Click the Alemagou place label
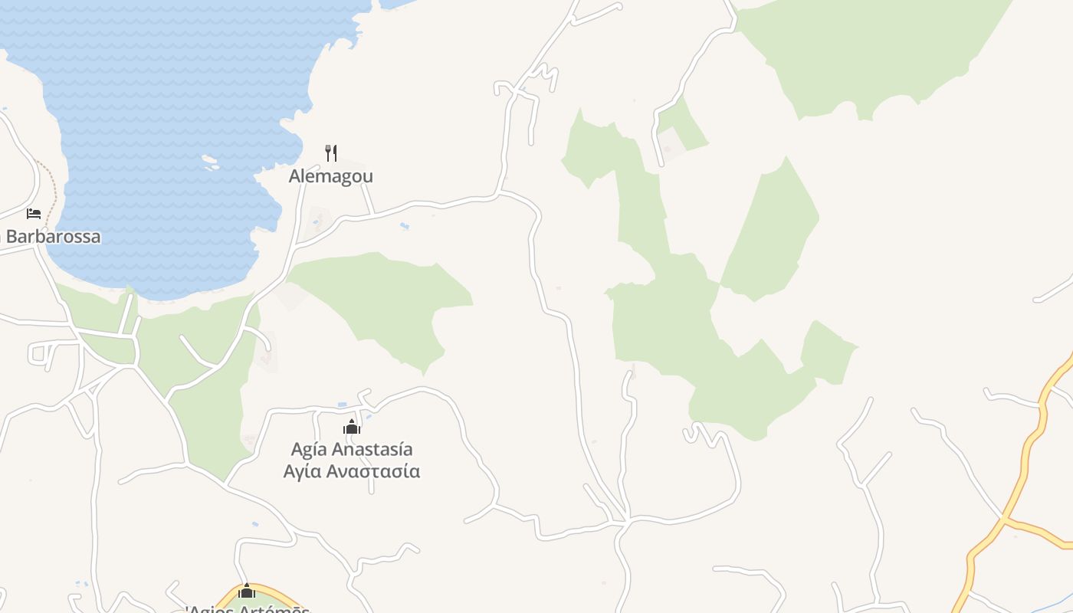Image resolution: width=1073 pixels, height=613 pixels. pos(330,176)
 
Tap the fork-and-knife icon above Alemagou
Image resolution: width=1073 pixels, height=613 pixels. pos(331,152)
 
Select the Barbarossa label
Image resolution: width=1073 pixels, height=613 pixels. pos(53,236)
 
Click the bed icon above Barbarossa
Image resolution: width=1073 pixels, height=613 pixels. pos(34,213)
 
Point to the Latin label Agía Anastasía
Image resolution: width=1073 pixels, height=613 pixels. pos(352,449)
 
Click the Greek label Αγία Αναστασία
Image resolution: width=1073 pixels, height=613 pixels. pos(352,470)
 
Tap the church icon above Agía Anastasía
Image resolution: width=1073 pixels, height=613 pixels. pos(352,427)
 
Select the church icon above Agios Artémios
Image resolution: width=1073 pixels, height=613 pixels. pos(247,591)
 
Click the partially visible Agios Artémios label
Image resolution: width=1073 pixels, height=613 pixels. pos(248,608)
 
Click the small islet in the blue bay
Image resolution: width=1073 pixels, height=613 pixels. pos(209,161)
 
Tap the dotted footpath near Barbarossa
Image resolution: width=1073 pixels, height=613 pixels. pos(52,192)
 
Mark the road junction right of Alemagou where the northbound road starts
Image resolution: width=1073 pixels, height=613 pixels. pos(499,193)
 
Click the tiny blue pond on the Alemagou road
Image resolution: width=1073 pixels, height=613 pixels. pos(404,226)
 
